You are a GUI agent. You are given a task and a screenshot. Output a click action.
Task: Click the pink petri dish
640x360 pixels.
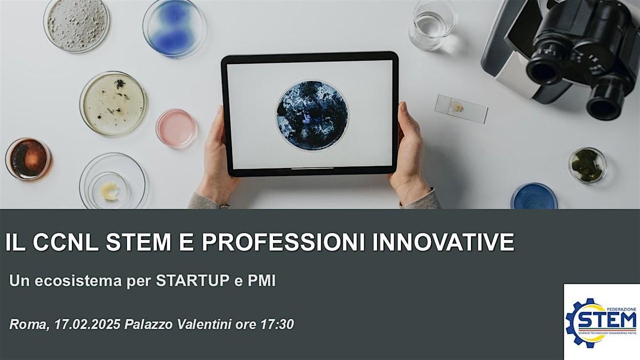click(176, 128)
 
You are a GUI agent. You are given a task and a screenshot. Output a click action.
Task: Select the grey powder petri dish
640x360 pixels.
click(77, 25)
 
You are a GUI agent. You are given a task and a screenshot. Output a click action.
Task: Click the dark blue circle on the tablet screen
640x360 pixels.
click(313, 115)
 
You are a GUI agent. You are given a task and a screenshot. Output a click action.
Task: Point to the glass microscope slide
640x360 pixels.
click(461, 109)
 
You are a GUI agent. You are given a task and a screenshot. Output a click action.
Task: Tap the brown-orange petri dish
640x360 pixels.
click(28, 159)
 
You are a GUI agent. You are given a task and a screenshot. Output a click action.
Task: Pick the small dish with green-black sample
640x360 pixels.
click(587, 165)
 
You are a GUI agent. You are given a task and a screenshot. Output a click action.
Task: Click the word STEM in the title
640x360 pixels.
click(138, 242)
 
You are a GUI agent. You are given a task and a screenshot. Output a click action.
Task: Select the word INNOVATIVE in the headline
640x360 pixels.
click(443, 242)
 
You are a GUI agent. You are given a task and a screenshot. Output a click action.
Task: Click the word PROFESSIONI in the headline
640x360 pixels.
click(283, 242)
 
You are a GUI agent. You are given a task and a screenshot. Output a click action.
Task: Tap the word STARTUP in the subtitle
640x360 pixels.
click(193, 281)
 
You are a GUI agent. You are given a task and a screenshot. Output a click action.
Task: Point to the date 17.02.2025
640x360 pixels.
click(87, 324)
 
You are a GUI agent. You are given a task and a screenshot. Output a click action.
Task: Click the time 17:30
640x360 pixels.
click(277, 324)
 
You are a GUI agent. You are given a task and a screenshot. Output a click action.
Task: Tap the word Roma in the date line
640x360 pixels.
click(29, 325)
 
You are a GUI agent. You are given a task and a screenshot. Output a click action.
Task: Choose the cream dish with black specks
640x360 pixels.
click(113, 103)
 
